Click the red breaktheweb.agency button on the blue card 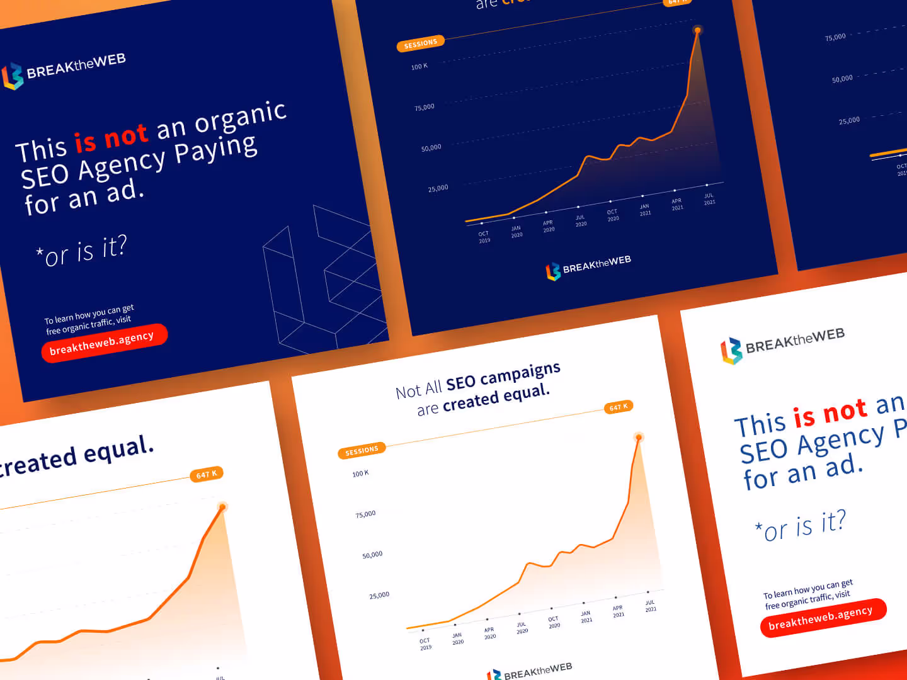(x=104, y=343)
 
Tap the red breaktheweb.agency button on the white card (x=823, y=618)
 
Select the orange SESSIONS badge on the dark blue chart (x=420, y=43)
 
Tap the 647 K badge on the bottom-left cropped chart (x=206, y=474)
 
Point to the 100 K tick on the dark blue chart (x=419, y=66)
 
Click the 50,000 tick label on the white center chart (x=372, y=555)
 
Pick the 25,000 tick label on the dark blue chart (x=438, y=188)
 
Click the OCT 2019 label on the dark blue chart (x=484, y=237)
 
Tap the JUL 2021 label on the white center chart (x=650, y=606)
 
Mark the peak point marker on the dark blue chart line (x=697, y=30)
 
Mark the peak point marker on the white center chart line (x=639, y=437)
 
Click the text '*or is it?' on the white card (x=801, y=526)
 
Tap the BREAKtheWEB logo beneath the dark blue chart (x=588, y=267)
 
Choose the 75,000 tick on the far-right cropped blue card (x=835, y=37)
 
